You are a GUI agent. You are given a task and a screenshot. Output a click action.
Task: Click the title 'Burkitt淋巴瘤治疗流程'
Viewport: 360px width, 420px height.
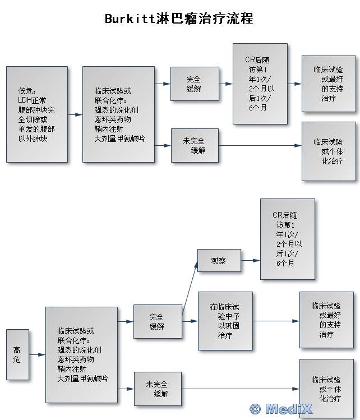click(179, 19)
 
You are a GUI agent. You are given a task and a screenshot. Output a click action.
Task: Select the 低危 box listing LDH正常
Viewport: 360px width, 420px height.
click(37, 114)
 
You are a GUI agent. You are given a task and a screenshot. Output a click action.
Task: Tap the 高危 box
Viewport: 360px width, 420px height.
click(17, 354)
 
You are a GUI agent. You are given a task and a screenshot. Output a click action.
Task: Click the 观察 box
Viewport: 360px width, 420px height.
click(219, 261)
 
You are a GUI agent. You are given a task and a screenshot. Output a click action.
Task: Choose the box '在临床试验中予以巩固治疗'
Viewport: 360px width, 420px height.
click(225, 321)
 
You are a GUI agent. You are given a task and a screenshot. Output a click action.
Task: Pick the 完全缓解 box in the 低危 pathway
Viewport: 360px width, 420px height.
click(195, 84)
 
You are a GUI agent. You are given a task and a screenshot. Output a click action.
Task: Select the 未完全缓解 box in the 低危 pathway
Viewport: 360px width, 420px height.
click(195, 145)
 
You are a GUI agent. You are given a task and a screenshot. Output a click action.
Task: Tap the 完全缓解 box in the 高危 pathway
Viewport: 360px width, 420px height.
click(158, 321)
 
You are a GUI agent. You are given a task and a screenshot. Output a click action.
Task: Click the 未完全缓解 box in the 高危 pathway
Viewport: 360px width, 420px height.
click(158, 389)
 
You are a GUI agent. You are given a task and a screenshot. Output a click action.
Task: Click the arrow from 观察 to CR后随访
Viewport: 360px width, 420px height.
click(251, 261)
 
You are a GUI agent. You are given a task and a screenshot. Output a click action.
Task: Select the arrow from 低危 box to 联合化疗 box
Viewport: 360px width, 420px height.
click(75, 114)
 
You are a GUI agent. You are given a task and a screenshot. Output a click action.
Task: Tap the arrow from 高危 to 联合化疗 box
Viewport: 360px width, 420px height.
click(37, 354)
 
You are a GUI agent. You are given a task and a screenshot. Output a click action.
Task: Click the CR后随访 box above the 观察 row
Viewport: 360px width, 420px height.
click(287, 239)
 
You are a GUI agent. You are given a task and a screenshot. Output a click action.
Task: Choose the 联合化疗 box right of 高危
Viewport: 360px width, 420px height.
click(81, 354)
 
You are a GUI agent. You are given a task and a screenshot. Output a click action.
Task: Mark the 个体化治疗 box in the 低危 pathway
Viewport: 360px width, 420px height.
click(329, 151)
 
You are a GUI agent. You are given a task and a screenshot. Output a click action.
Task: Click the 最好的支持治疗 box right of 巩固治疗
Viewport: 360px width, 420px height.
click(326, 320)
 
